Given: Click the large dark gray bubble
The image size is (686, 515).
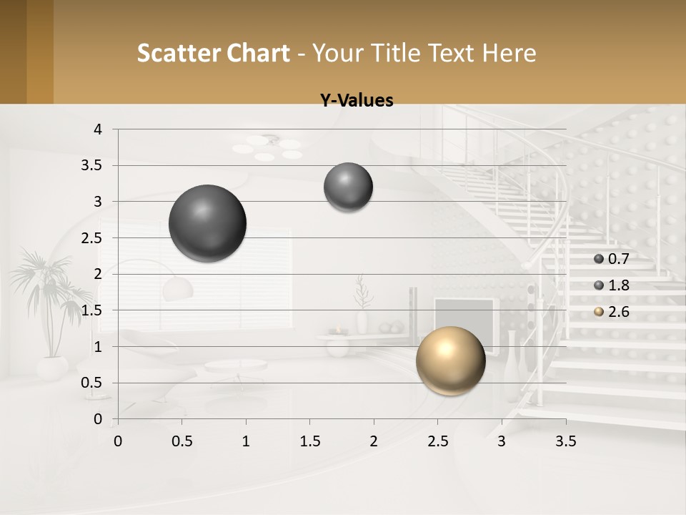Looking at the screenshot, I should [x=207, y=223].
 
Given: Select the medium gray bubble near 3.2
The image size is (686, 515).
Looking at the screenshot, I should [x=348, y=187].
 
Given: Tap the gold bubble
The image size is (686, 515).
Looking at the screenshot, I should [x=450, y=360].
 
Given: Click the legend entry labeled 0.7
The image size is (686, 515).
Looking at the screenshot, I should [x=612, y=259].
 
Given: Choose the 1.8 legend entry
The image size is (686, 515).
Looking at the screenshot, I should [x=612, y=285].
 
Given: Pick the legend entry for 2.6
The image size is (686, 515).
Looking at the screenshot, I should [x=612, y=312].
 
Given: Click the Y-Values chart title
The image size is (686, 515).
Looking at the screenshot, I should [x=357, y=101].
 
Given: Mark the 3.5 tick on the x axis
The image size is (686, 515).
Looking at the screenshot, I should [x=565, y=441].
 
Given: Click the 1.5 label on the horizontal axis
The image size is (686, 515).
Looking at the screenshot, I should [x=309, y=441].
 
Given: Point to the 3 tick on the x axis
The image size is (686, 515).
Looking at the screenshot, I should [x=502, y=441].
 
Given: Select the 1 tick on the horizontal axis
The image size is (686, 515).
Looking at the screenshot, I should [x=246, y=441].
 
